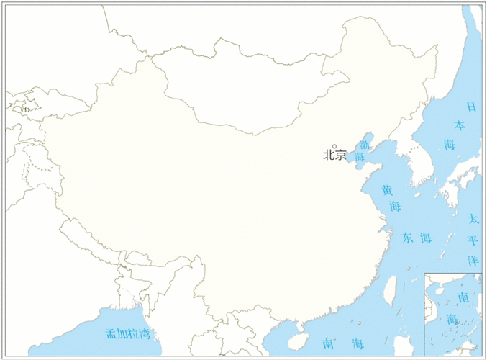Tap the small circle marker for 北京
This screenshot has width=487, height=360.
click(334, 146)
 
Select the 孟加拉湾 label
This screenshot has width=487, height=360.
click(127, 333)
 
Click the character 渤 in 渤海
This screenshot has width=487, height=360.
click(365, 145)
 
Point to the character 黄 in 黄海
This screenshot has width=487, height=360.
click(387, 191)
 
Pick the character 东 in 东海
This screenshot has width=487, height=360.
click(407, 238)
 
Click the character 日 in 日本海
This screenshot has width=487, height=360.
click(471, 107)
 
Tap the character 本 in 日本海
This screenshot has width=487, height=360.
click(460, 125)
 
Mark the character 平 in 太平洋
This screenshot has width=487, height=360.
click(473, 240)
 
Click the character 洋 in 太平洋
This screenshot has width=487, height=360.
click(473, 260)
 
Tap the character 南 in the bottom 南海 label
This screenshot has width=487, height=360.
click(328, 343)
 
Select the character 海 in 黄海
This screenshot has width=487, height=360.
click(395, 207)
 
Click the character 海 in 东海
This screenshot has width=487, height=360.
click(426, 238)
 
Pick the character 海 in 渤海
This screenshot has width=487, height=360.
click(359, 156)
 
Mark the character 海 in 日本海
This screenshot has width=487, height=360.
click(450, 145)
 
